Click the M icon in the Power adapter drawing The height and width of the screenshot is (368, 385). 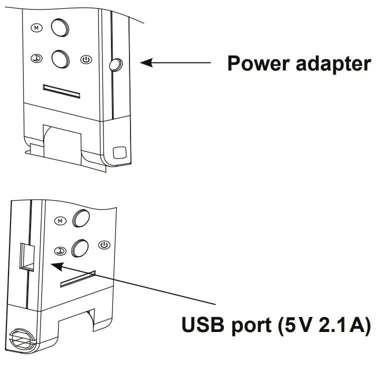[36, 27]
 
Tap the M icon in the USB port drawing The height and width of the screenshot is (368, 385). [60, 220]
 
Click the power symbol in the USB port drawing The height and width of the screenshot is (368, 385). [104, 245]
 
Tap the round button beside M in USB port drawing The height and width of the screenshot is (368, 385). [81, 217]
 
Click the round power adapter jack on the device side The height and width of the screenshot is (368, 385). [115, 63]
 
